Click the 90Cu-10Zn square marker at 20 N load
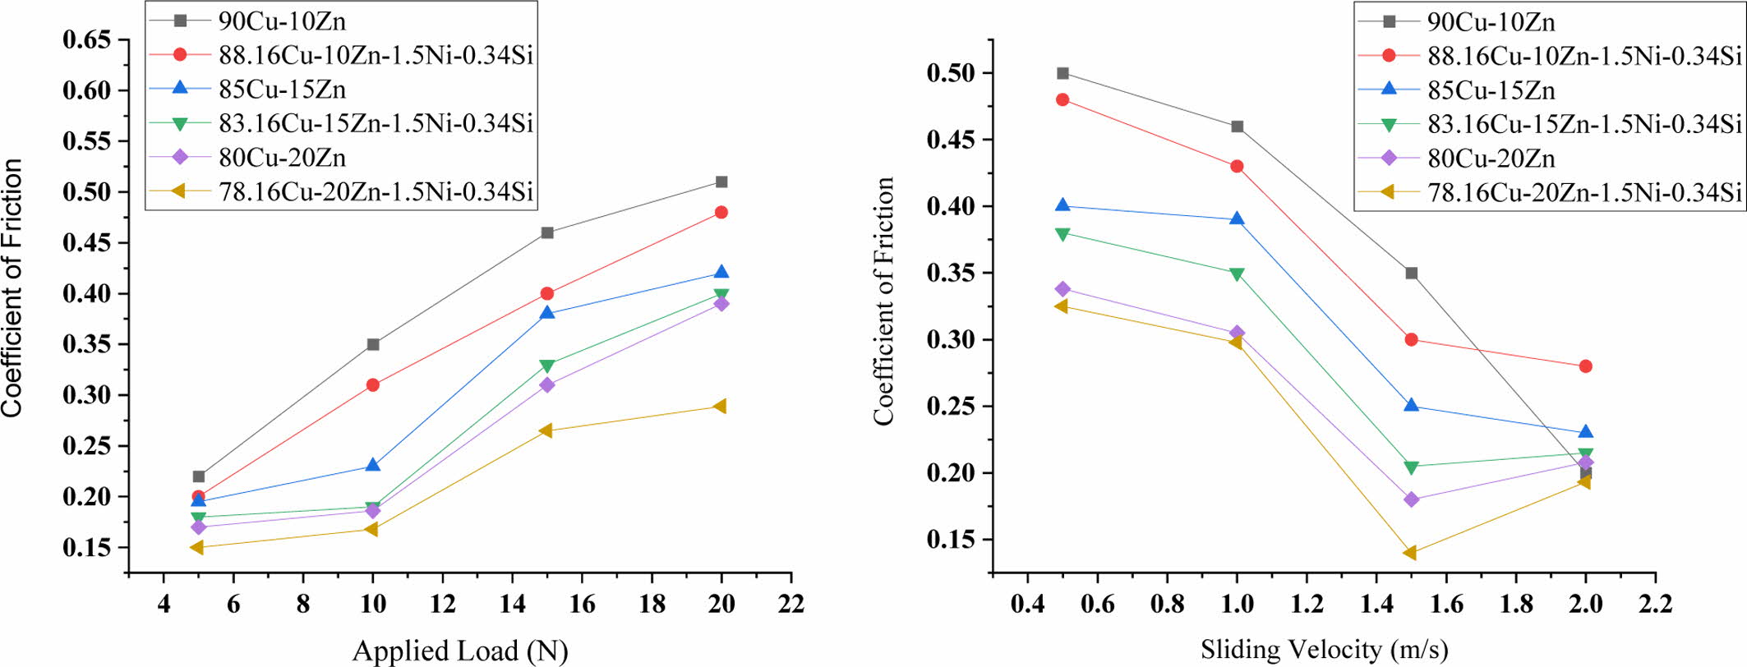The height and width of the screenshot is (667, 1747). [x=721, y=182]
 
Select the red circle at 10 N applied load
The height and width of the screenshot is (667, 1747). [x=372, y=384]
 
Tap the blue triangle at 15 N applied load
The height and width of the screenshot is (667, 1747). [x=547, y=312]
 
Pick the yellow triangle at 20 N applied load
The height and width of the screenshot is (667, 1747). [x=721, y=406]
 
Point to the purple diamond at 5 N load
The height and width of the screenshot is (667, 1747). [x=198, y=527]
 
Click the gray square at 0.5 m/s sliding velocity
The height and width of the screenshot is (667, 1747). [x=1062, y=73]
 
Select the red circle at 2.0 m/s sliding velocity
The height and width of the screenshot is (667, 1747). [x=1585, y=366]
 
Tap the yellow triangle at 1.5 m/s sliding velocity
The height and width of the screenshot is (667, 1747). [x=1410, y=553]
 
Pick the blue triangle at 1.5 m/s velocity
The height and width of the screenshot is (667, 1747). [x=1411, y=405]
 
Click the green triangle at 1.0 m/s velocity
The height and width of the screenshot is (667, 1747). [x=1237, y=274]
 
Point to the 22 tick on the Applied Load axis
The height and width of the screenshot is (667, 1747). [x=791, y=605]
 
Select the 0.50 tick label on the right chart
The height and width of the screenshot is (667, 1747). [x=952, y=73]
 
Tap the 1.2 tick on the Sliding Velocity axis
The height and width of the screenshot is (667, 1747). [x=1307, y=605]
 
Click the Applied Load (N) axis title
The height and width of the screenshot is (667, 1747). [x=460, y=651]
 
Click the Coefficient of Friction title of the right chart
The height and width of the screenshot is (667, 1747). [x=884, y=301]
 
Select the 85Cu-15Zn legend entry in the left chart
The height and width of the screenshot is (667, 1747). [x=282, y=90]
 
